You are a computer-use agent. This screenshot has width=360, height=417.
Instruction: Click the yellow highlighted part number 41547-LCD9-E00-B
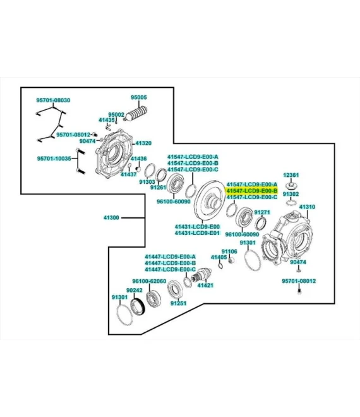coord(252,191)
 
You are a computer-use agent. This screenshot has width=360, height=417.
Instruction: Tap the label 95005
coord(138,97)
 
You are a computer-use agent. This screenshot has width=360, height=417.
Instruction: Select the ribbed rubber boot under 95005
coord(136,113)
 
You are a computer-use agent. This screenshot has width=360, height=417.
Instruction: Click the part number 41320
coord(143,143)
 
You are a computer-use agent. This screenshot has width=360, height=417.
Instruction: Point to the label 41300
coord(111,217)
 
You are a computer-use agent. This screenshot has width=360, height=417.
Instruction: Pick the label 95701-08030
coord(53,100)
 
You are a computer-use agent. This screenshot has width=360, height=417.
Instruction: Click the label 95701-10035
coord(54,159)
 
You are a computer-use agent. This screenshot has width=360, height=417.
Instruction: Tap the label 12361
coord(291,175)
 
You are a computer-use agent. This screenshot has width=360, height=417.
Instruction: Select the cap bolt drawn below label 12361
coord(292,185)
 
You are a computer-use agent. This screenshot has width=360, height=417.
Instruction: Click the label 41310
coord(307,207)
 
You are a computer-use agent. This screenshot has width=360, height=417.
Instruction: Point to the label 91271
coord(262,212)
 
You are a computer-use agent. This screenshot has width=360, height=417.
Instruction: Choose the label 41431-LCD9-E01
coord(197,233)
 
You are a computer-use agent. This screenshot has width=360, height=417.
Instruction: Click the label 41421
coord(205,286)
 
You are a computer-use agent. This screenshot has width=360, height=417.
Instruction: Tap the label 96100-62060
coord(149,281)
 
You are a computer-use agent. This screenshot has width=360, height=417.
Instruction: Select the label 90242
coord(135,290)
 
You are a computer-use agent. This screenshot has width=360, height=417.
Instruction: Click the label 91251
coord(178,303)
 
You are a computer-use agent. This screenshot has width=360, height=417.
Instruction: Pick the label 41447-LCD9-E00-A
coord(170,257)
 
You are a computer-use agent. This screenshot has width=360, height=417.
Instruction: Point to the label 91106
coord(229,251)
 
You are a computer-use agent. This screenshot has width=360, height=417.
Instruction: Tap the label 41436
coord(138,159)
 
